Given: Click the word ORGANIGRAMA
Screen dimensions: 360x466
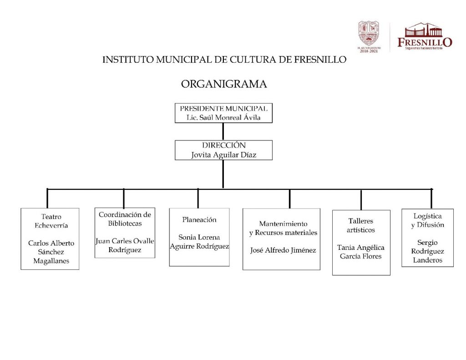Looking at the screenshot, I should pos(224,84).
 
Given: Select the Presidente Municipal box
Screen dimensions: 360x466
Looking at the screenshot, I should pos(223,113).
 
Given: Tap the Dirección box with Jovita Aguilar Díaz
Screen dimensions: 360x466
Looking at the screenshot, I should pos(223,150).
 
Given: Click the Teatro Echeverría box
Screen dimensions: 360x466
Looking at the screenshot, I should pos(50,238).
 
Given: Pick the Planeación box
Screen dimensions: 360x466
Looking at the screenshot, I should pos(199,237).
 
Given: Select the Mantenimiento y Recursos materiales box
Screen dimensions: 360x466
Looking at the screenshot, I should pos(282,239).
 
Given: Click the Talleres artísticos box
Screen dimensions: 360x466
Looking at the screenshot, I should pos(361,242).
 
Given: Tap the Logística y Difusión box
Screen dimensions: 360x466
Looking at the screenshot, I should pos(427,238).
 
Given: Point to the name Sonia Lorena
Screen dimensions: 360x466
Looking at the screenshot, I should pos(199,237).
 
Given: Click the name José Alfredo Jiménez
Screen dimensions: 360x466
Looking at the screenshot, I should pos(283,250).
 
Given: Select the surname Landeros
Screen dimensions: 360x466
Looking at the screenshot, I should pos(427,260).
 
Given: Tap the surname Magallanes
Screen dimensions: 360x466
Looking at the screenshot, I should pos(50,261).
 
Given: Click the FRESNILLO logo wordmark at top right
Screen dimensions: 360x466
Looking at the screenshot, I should pos(425,42).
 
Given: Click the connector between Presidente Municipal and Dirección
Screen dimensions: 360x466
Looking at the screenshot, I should pos(223,132).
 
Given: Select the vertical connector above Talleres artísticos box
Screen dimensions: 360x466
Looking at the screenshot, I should pos(361,200).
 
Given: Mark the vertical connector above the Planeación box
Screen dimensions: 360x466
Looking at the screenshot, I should pos(198,198).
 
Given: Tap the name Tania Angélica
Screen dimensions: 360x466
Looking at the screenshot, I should pos(361,248).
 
